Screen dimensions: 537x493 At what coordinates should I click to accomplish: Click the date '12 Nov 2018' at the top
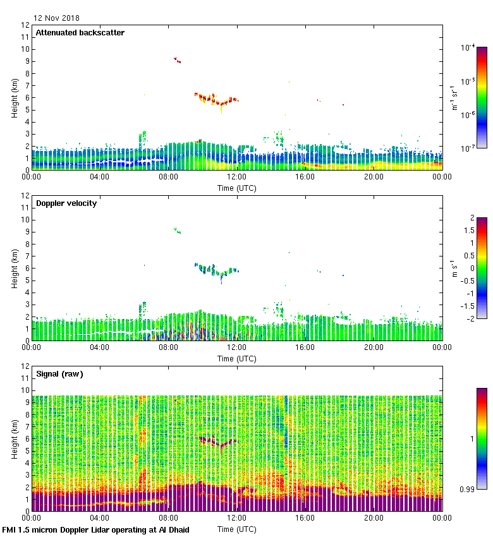(56, 18)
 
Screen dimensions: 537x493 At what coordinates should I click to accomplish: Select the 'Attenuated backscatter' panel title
(80, 33)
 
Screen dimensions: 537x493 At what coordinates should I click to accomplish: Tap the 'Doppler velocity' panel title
(66, 203)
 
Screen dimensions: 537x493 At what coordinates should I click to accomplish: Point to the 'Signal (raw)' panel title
(59, 374)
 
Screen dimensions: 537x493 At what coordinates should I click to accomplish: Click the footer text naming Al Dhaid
(96, 529)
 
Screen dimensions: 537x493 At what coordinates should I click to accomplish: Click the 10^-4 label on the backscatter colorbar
(468, 47)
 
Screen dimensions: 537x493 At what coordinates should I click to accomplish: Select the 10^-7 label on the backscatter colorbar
(468, 148)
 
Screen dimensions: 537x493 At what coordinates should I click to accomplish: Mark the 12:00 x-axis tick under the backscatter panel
(236, 177)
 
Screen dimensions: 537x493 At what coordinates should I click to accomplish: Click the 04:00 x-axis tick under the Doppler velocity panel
(100, 347)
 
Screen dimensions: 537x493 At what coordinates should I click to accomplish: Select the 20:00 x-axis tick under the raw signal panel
(374, 518)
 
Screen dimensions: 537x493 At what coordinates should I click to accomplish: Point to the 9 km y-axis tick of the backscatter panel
(26, 61)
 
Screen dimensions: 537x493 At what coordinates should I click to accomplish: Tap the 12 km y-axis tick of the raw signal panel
(24, 366)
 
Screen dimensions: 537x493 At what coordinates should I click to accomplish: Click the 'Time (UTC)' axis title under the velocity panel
(237, 358)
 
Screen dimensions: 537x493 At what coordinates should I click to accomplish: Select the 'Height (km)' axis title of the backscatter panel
(15, 97)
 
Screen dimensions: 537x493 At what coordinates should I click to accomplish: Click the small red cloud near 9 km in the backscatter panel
(178, 60)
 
